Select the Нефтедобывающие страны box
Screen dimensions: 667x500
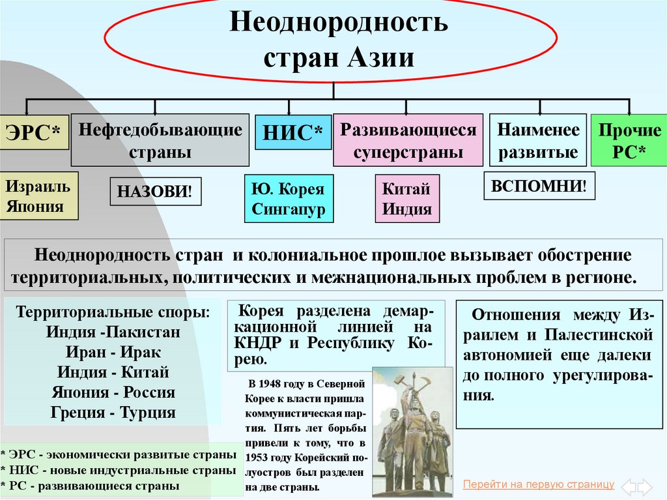point(160,140)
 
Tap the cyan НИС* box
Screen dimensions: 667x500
point(293,132)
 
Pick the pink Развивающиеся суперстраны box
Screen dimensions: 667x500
point(408,140)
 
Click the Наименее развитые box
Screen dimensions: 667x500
point(537,140)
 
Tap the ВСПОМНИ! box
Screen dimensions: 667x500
point(539,186)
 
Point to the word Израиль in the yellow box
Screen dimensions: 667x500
point(38,187)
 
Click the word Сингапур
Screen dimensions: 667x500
point(288,210)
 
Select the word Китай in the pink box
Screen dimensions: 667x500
point(406,189)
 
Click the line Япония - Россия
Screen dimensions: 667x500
point(113,392)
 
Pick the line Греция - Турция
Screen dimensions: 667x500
point(113,413)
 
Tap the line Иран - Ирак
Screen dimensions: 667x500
point(113,352)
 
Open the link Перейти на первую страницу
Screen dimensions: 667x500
point(538,484)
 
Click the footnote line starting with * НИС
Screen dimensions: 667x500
point(118,470)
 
